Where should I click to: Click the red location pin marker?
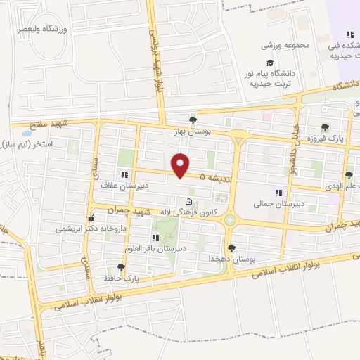[181, 165]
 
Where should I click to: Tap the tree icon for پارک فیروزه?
[325, 128]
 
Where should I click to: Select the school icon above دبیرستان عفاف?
[124, 175]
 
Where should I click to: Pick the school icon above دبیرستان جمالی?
[278, 193]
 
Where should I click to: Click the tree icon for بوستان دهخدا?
[231, 247]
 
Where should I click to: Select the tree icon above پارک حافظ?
[121, 267]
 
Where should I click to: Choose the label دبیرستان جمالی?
[278, 204]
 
